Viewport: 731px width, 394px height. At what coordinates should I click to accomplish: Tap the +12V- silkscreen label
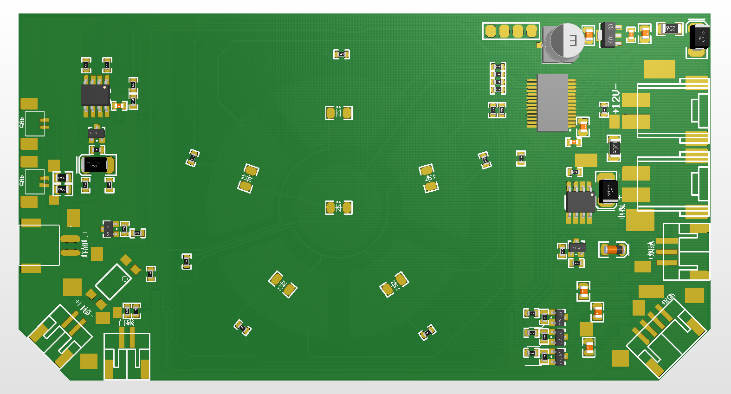(x=616, y=99)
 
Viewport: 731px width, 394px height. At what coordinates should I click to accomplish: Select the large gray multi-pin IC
(x=552, y=102)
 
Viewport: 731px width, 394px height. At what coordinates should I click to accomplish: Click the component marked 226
(x=670, y=29)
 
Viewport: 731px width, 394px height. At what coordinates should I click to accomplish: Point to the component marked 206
(x=615, y=149)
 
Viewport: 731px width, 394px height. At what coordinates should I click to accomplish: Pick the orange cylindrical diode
(x=614, y=250)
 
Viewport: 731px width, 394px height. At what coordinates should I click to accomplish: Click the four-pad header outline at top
(x=511, y=31)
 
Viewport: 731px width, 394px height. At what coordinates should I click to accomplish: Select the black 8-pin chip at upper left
(x=95, y=95)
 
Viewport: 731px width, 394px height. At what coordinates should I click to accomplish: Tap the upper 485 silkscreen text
(x=21, y=122)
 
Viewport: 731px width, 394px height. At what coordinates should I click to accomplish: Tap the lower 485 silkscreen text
(x=21, y=180)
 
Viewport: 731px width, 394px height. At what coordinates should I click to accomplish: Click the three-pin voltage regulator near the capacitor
(x=609, y=34)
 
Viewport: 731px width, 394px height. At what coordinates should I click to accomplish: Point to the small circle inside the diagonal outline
(x=124, y=278)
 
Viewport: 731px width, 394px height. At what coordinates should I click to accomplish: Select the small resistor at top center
(x=342, y=54)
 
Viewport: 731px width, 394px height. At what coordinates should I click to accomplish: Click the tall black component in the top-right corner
(x=699, y=37)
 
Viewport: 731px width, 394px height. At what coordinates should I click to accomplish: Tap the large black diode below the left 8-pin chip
(x=95, y=164)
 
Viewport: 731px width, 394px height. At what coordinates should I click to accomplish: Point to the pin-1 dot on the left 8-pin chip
(x=105, y=87)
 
